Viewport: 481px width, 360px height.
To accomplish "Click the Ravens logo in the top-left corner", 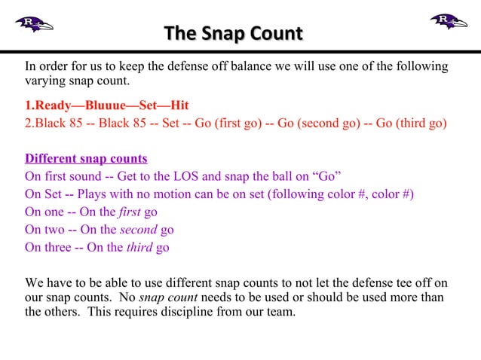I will [x=34, y=23].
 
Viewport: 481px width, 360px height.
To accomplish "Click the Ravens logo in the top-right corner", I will [x=448, y=21].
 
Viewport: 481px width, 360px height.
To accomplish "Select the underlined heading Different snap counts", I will [x=86, y=159].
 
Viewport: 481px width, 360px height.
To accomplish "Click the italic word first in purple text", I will [x=130, y=212].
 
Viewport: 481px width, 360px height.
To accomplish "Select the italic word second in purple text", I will [x=138, y=230].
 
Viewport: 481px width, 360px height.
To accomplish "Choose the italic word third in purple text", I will [x=139, y=247].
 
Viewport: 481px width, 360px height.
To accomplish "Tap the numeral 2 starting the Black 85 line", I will [x=29, y=124].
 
